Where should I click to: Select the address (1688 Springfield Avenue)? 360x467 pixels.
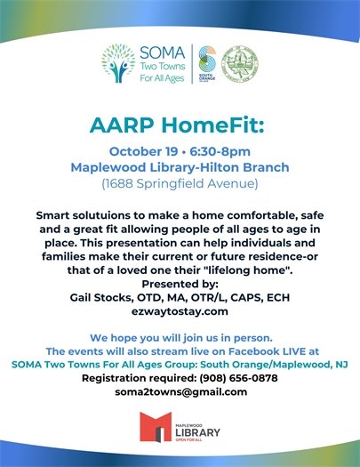click(x=180, y=183)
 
